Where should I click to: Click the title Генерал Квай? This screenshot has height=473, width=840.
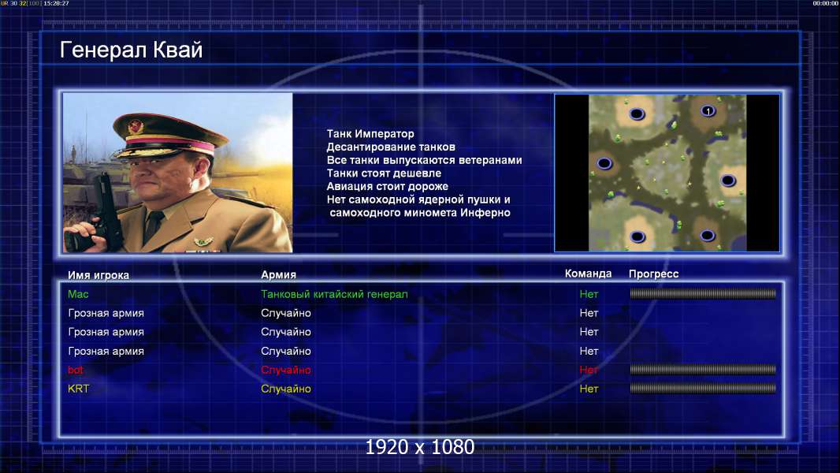pyautogui.click(x=132, y=50)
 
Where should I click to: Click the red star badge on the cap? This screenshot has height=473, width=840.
pyautogui.click(x=136, y=127)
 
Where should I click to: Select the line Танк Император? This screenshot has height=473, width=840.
pyautogui.click(x=370, y=134)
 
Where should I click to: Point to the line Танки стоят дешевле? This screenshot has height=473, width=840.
pyautogui.click(x=384, y=173)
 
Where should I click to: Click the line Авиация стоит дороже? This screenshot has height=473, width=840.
pyautogui.click(x=388, y=186)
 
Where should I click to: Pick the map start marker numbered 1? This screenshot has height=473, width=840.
pyautogui.click(x=708, y=111)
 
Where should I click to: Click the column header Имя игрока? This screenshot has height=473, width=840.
pyautogui.click(x=98, y=275)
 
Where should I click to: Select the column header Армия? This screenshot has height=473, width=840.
pyautogui.click(x=279, y=275)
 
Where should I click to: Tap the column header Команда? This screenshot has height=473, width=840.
pyautogui.click(x=588, y=274)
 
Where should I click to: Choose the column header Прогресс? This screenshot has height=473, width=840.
pyautogui.click(x=653, y=274)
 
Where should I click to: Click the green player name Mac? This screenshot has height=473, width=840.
pyautogui.click(x=78, y=294)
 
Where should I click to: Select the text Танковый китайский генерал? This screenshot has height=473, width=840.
pyautogui.click(x=334, y=294)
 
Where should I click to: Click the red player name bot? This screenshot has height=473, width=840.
pyautogui.click(x=76, y=370)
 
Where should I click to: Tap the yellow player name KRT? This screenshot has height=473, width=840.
pyautogui.click(x=78, y=389)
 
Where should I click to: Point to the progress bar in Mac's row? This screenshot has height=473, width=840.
pyautogui.click(x=703, y=293)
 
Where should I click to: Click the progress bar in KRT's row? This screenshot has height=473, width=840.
pyautogui.click(x=703, y=389)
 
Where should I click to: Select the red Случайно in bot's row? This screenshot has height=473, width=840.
pyautogui.click(x=286, y=371)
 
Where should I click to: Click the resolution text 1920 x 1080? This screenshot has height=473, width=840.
pyautogui.click(x=420, y=447)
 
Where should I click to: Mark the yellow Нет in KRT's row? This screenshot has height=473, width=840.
pyautogui.click(x=589, y=389)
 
